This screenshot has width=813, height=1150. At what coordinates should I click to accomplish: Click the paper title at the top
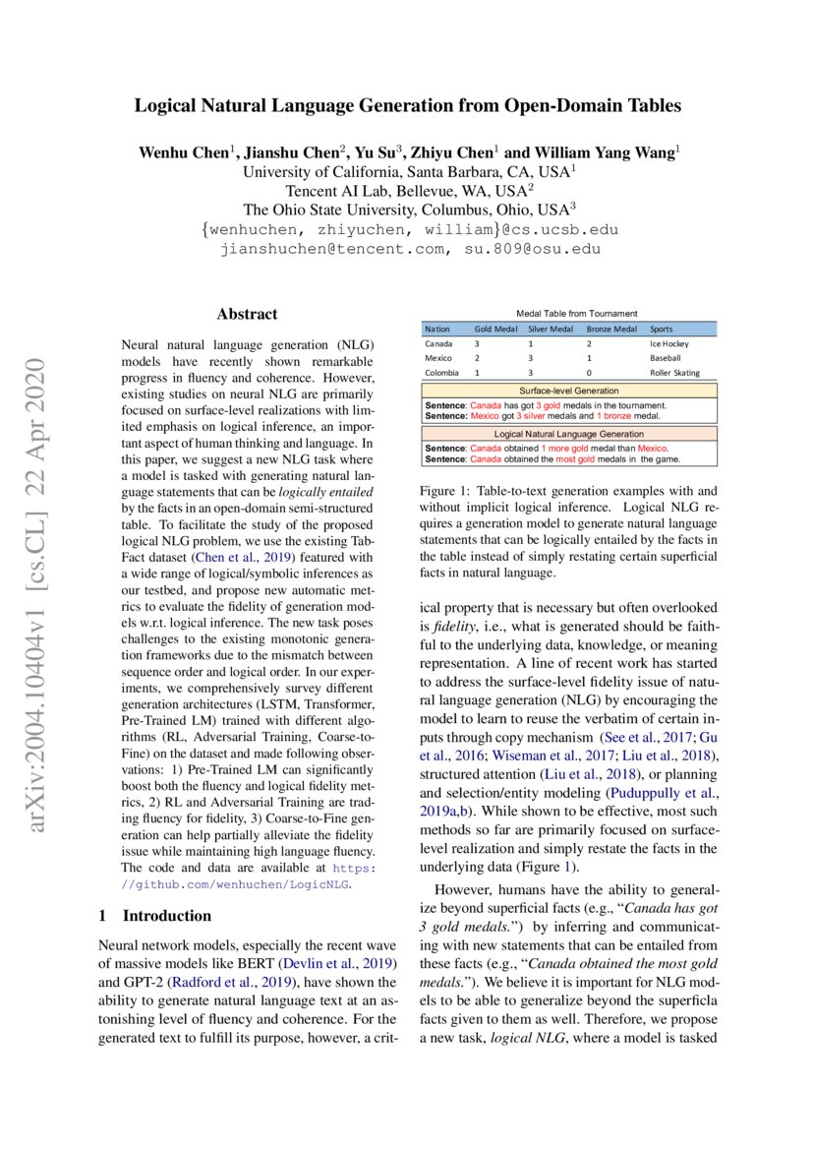click(407, 105)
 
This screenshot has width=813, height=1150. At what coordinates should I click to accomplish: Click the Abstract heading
click(247, 315)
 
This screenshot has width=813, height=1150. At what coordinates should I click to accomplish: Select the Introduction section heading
click(155, 916)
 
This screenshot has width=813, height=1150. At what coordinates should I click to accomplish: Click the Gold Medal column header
click(495, 330)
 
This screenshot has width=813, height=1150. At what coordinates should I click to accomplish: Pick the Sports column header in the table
click(662, 330)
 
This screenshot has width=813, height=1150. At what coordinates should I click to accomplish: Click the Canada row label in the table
click(437, 344)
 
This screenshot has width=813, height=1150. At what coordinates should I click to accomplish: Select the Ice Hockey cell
click(669, 344)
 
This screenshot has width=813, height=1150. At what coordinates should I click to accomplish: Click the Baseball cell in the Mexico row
click(666, 359)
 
